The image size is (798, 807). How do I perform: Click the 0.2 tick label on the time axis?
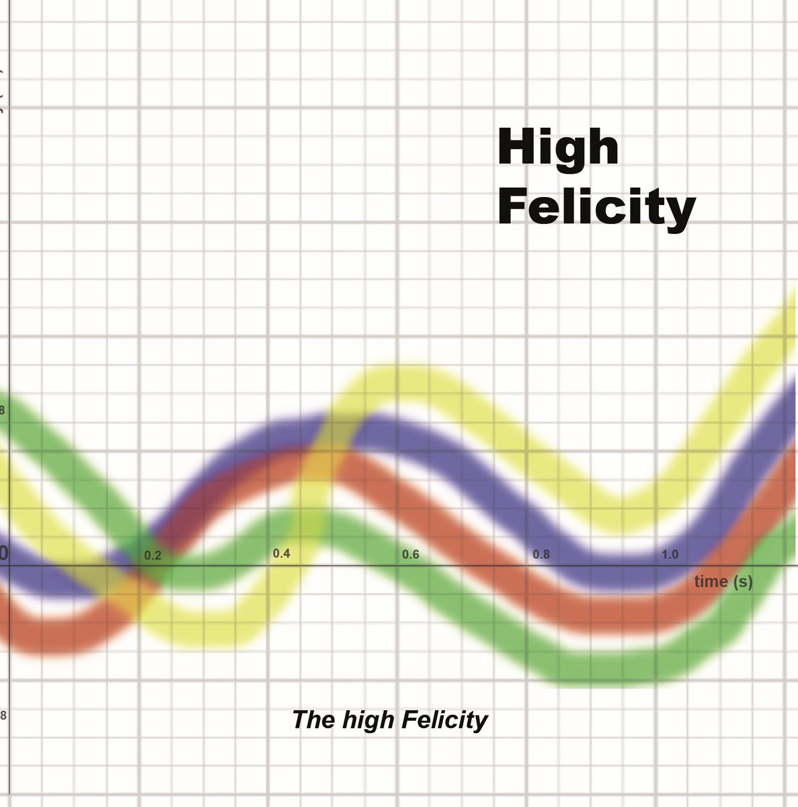tap(153, 556)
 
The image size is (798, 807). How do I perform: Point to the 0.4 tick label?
tap(281, 553)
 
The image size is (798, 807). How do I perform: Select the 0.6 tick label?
tap(410, 554)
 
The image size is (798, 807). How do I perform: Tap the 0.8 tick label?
tap(541, 555)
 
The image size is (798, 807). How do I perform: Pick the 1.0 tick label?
tap(670, 555)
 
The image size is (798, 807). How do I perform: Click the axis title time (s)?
tap(723, 582)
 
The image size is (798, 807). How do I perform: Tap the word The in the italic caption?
tap(313, 720)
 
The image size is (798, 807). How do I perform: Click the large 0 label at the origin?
tap(3, 553)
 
